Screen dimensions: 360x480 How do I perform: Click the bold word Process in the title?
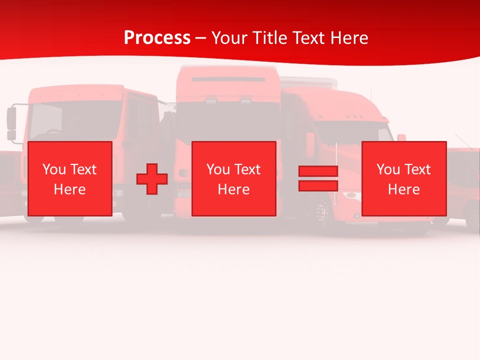click(x=157, y=38)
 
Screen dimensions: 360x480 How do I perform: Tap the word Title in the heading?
click(x=270, y=38)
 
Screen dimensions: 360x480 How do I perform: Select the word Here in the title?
click(x=348, y=38)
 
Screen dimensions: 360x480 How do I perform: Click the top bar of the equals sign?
click(x=318, y=171)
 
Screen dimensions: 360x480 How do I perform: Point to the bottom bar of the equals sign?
click(x=318, y=185)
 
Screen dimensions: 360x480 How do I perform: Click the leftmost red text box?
click(x=69, y=178)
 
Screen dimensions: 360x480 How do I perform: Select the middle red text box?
click(x=233, y=178)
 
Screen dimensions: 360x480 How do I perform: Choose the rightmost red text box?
click(x=403, y=178)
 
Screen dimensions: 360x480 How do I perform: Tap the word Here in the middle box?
click(x=233, y=189)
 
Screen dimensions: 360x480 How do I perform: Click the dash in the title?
click(x=201, y=38)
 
